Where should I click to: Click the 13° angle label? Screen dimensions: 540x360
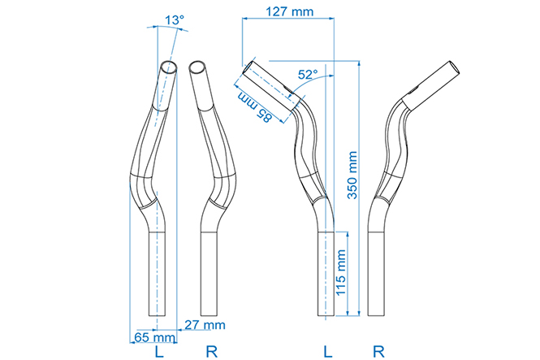(175, 20)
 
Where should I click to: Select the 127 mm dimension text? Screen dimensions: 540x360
(290, 11)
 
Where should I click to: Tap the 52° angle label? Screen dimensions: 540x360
(308, 75)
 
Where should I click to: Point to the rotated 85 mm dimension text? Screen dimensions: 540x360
(255, 107)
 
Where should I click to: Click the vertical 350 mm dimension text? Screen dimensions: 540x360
(352, 175)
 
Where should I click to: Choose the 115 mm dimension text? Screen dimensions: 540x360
(340, 273)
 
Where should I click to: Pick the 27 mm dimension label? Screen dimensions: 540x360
(205, 324)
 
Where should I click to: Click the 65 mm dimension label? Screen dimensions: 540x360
(154, 337)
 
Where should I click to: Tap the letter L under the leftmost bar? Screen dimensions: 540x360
(159, 352)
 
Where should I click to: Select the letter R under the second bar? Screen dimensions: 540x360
(211, 352)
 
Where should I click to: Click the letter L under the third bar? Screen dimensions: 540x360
(328, 352)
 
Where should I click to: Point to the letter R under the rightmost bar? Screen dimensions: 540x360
(378, 352)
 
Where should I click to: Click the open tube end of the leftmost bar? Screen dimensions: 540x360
(170, 67)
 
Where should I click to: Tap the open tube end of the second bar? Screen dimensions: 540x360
(197, 67)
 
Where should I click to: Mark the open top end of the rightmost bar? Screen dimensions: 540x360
(455, 67)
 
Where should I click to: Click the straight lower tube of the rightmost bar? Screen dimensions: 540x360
(377, 274)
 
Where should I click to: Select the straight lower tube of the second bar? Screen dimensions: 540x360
(209, 274)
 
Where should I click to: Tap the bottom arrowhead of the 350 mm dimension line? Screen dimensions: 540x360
(359, 312)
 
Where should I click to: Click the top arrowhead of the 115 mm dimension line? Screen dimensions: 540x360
(348, 235)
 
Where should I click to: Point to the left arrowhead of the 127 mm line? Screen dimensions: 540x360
(246, 19)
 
